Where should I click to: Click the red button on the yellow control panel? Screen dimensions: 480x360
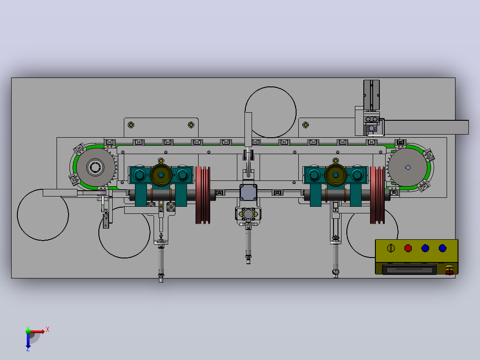click(x=408, y=248)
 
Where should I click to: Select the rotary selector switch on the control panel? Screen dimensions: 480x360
click(x=391, y=248)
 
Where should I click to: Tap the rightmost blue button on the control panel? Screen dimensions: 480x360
click(x=442, y=248)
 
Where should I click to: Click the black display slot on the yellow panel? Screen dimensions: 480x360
click(x=409, y=270)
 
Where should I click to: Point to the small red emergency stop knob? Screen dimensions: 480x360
click(x=449, y=270)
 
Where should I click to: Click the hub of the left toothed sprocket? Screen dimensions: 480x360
click(x=95, y=167)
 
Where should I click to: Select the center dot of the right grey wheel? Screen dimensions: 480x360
click(x=408, y=167)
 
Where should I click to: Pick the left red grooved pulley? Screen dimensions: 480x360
click(x=203, y=195)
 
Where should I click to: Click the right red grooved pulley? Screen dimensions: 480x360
click(x=378, y=195)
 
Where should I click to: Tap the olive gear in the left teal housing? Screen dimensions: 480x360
click(x=161, y=175)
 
